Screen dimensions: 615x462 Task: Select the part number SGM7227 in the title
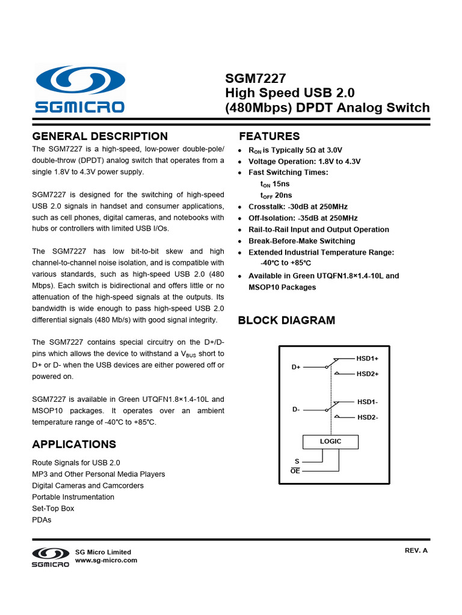(256, 78)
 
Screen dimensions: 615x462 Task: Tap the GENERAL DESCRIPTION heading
(100, 136)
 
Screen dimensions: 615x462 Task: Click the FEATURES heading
(269, 136)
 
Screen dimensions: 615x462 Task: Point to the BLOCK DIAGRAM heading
(286, 320)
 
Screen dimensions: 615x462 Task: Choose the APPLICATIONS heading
(74, 444)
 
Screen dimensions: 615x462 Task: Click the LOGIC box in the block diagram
(330, 441)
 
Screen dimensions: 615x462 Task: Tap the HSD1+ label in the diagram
(367, 359)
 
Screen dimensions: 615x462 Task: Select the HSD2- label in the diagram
(367, 417)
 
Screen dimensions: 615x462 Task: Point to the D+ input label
(295, 366)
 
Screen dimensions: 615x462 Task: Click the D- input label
(295, 409)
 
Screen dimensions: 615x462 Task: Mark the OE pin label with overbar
(295, 471)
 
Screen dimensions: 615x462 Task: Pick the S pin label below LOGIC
(297, 461)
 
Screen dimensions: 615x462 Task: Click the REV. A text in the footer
(416, 550)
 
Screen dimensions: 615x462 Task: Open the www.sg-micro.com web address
(106, 560)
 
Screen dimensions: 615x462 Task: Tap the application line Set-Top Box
(53, 508)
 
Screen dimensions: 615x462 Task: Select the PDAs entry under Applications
(42, 520)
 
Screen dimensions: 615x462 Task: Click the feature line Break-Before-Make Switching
(301, 241)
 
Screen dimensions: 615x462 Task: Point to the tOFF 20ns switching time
(276, 195)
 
